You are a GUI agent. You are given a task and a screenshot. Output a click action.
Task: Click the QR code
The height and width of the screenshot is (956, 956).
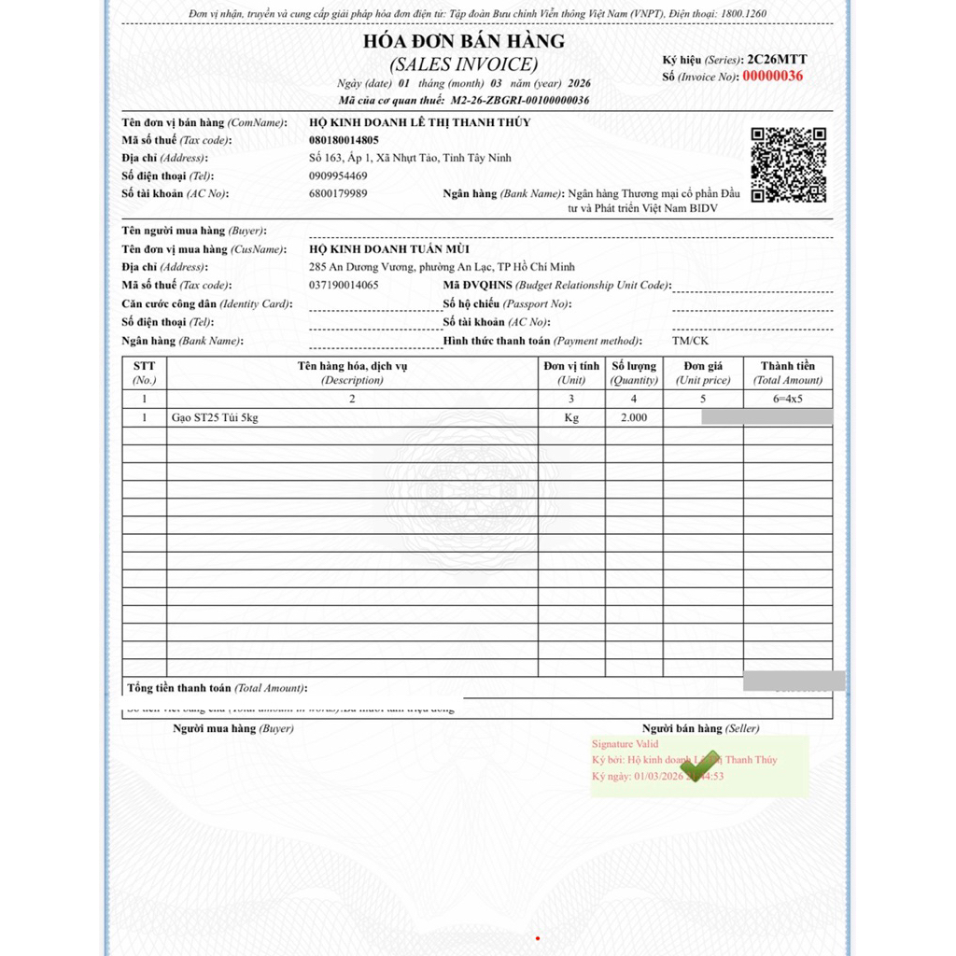[789, 165]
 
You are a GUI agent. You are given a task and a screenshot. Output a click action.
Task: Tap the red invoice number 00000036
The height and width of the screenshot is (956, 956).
[772, 77]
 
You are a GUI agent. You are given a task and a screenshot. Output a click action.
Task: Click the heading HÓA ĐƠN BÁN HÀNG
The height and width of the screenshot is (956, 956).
[464, 41]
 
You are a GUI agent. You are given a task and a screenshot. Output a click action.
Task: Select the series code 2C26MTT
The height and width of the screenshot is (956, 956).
[777, 60]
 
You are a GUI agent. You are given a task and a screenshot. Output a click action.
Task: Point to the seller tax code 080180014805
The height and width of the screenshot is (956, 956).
[344, 140]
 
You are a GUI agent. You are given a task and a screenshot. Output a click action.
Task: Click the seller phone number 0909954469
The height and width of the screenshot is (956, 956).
[337, 176]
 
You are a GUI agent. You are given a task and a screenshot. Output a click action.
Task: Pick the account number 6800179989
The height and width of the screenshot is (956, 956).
[337, 193]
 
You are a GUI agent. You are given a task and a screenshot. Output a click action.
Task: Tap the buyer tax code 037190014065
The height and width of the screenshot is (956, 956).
[344, 285]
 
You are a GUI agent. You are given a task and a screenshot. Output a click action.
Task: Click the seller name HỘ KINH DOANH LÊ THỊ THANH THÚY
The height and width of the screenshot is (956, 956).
[419, 122]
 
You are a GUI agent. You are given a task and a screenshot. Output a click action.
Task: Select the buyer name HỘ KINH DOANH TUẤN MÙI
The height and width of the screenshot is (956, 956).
[389, 249]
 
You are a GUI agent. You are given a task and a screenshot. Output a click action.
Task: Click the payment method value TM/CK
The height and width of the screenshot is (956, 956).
[690, 341]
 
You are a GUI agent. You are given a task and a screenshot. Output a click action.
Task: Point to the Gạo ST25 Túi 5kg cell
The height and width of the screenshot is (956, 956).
[215, 417]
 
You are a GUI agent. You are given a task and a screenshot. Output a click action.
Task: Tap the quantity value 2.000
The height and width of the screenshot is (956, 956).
[633, 417]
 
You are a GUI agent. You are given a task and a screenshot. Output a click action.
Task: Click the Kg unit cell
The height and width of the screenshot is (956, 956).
[571, 417]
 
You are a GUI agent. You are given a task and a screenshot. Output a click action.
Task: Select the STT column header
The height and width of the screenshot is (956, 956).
[144, 373]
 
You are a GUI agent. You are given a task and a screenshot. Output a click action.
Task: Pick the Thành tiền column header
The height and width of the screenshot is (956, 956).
[787, 373]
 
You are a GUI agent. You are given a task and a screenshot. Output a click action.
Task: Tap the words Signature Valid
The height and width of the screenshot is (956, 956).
[625, 744]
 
